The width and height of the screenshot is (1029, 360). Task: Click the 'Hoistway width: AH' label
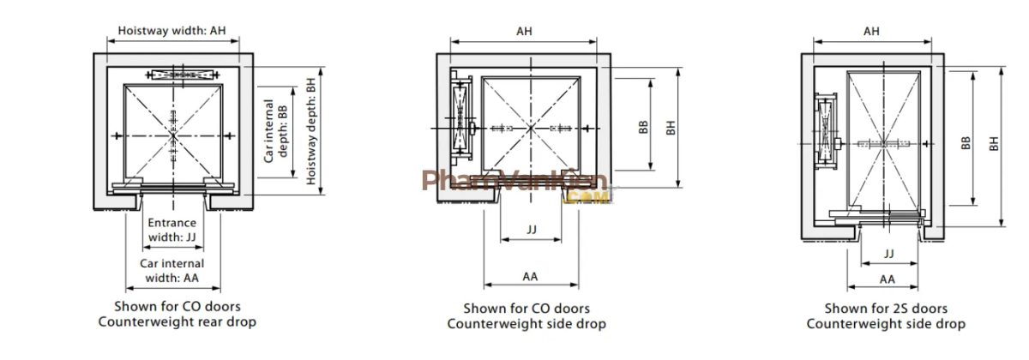[172, 31]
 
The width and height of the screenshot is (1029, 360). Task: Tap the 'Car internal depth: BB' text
[275, 131]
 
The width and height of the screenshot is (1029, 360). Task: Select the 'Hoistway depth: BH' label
[311, 131]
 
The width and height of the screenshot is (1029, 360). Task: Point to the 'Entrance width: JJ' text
[172, 230]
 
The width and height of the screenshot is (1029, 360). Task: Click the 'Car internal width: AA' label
[172, 271]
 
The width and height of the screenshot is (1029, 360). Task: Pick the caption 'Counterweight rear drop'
[178, 322]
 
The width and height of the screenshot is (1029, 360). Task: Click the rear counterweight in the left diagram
[183, 75]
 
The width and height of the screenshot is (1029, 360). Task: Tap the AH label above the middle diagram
[524, 31]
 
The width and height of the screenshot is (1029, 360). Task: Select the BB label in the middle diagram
[644, 127]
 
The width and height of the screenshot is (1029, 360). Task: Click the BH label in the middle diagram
[671, 128]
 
